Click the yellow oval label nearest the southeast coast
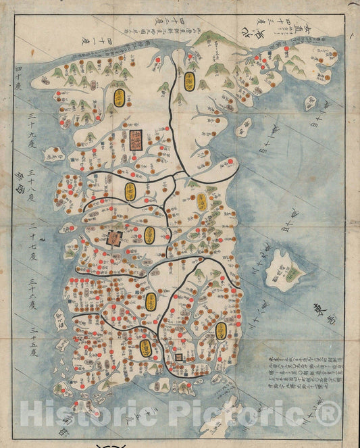click(x=221, y=330)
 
